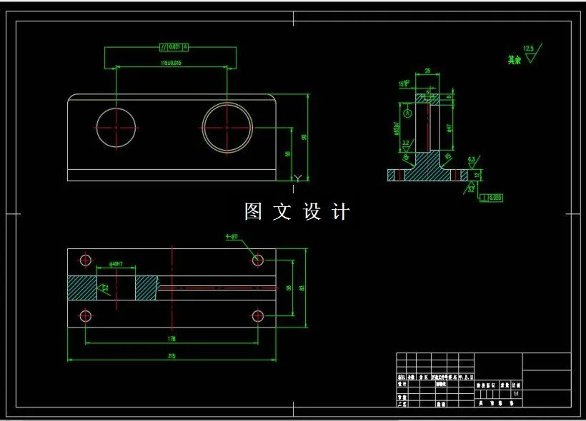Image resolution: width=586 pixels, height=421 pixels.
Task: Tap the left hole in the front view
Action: click(116, 128)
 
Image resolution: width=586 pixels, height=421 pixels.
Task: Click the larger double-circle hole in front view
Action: click(227, 128)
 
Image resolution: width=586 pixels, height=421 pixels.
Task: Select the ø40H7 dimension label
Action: click(116, 264)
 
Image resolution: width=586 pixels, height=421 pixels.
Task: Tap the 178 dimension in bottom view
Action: click(172, 338)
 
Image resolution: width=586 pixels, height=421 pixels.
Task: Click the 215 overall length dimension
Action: click(172, 355)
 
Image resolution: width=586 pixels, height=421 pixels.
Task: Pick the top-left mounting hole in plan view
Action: click(86, 260)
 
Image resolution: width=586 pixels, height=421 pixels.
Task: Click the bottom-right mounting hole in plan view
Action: click(257, 315)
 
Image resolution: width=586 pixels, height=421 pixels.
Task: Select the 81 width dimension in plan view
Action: click(302, 288)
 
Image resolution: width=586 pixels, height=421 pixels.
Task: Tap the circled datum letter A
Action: click(407, 113)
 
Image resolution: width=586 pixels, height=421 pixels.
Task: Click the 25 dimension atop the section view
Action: click(427, 71)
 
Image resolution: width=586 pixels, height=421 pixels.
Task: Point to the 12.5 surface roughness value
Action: click(529, 49)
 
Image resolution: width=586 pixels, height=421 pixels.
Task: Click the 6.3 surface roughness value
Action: click(471, 158)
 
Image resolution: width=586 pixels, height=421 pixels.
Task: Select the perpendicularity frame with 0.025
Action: click(492, 197)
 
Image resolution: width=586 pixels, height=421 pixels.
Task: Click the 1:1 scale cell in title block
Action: click(516, 393)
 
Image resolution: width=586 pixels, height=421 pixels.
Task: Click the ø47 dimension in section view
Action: click(450, 128)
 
